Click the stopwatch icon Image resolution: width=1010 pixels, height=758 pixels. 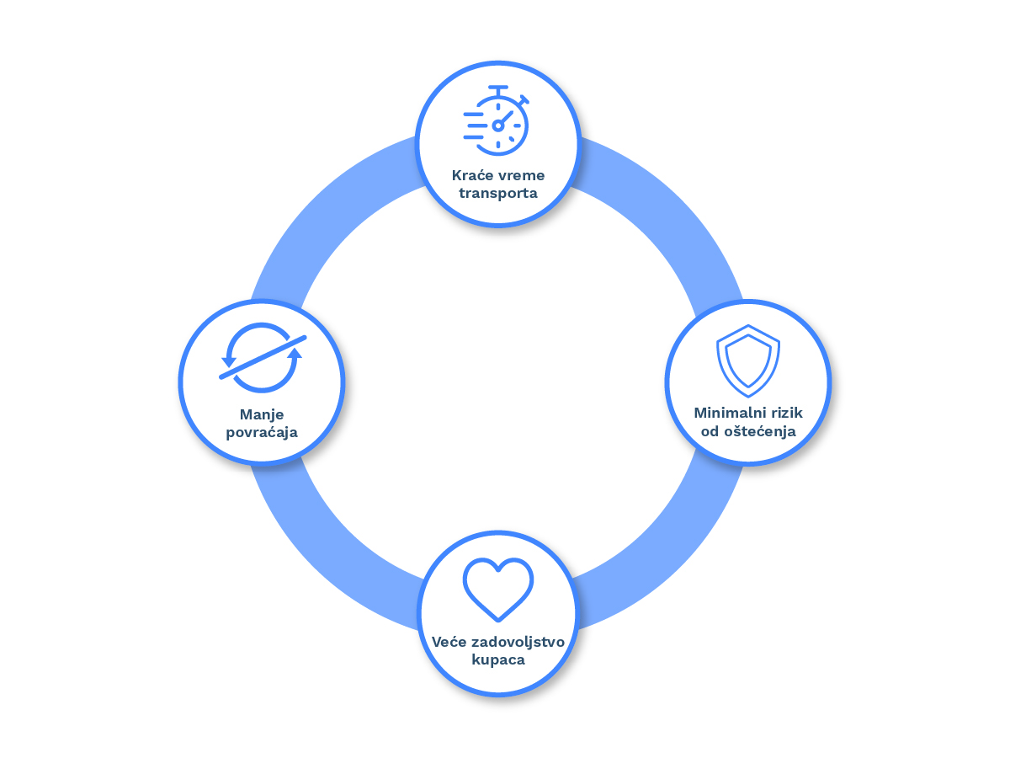(x=497, y=120)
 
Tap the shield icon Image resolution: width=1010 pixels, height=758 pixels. (x=748, y=360)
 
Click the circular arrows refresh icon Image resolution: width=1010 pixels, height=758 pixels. (x=263, y=358)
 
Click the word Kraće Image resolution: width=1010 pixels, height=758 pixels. (x=472, y=175)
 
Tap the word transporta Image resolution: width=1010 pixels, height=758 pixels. (x=498, y=194)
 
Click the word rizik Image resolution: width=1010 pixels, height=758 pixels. (x=788, y=413)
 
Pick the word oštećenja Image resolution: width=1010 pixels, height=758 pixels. (x=760, y=431)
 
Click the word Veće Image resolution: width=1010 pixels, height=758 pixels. (x=449, y=642)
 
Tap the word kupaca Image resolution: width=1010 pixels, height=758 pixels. (x=498, y=660)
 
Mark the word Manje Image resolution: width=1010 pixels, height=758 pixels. (x=262, y=415)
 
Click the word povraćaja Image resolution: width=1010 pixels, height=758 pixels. (x=262, y=433)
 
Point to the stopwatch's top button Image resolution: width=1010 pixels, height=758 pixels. (x=498, y=88)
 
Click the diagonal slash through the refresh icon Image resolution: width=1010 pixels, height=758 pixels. (x=263, y=358)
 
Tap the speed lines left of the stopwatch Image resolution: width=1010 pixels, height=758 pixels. (x=474, y=125)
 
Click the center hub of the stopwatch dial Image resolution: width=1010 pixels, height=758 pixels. (x=497, y=125)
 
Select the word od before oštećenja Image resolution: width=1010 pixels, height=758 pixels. (x=710, y=431)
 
